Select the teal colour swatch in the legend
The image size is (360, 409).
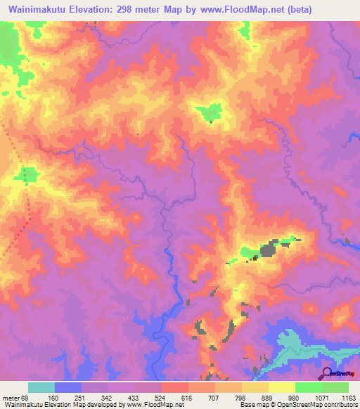click(41, 387)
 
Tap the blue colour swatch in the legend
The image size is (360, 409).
click(67, 387)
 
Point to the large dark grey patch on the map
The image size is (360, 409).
click(268, 249)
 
